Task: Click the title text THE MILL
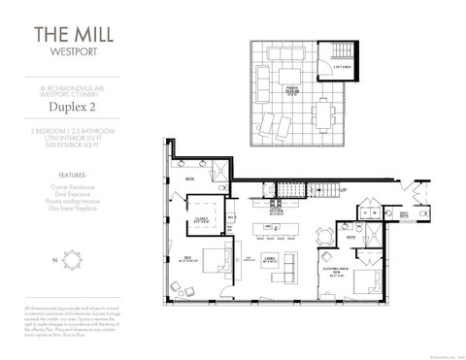(73, 35)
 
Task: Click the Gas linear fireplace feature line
(73, 209)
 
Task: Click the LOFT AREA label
(343, 67)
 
